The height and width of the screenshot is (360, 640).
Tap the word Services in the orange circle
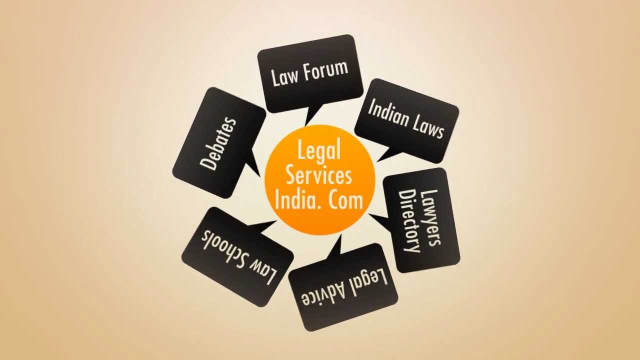point(319,175)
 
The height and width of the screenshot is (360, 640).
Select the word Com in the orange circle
point(345,199)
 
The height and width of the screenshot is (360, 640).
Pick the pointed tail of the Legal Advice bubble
point(334,247)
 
